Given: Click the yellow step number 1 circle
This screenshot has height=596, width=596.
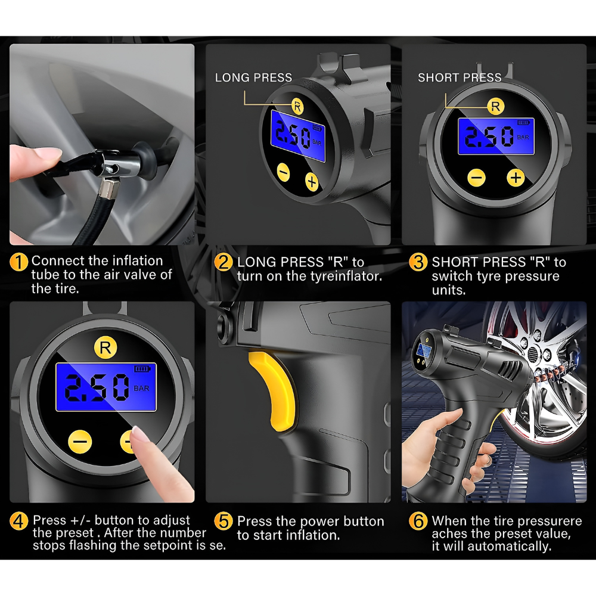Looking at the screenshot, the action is (x=18, y=262).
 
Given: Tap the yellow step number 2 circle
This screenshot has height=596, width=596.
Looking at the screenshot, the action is (x=223, y=262).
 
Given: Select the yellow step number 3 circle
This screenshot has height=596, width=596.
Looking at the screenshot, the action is (x=418, y=262).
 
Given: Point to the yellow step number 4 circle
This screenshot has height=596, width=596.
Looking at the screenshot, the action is (x=18, y=521).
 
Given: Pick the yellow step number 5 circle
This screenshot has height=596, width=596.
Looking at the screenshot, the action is (x=223, y=521).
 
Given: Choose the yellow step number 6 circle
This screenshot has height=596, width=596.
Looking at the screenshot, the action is (x=418, y=521).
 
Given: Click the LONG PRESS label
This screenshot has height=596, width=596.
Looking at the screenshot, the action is (x=253, y=77).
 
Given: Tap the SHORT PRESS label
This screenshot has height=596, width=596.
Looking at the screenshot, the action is (x=460, y=77).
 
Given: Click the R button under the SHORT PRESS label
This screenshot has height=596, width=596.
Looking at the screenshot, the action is (x=496, y=106).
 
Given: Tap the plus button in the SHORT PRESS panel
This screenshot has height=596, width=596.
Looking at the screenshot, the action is (x=516, y=178).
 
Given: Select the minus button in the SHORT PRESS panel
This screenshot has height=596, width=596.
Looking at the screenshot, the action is (x=476, y=178).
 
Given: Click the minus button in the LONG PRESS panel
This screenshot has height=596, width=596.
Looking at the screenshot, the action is (x=283, y=172).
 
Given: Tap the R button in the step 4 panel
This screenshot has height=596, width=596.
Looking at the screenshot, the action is (x=105, y=347).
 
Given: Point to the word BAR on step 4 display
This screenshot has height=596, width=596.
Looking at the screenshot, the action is (x=141, y=389).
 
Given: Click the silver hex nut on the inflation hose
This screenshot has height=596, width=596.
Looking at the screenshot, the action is (x=110, y=190).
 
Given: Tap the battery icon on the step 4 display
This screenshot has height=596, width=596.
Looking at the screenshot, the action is (x=142, y=369).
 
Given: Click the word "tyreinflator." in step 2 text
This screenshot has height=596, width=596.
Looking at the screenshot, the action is (x=346, y=277).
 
